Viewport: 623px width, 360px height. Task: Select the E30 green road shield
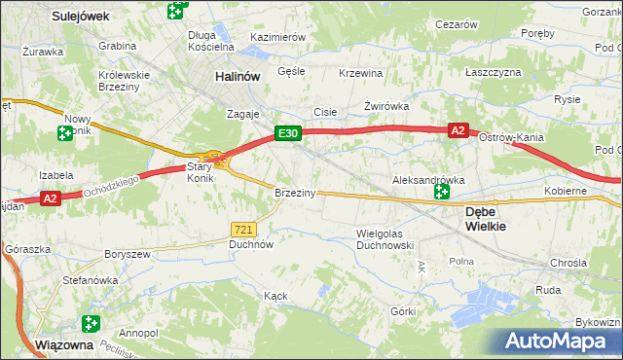tap(286, 133)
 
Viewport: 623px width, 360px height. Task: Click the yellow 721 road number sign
tap(244, 229)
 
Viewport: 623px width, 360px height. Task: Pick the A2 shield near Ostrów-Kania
tap(459, 129)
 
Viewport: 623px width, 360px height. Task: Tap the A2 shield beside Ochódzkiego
tap(52, 198)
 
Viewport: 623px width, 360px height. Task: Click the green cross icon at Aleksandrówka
tap(442, 193)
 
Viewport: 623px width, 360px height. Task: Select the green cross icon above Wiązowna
tap(92, 323)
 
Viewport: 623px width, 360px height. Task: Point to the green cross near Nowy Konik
tap(66, 133)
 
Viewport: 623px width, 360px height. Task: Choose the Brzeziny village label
tap(295, 193)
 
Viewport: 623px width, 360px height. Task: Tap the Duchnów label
tap(250, 245)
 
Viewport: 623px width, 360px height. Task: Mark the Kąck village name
tap(276, 295)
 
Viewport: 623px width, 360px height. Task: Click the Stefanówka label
tap(90, 279)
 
